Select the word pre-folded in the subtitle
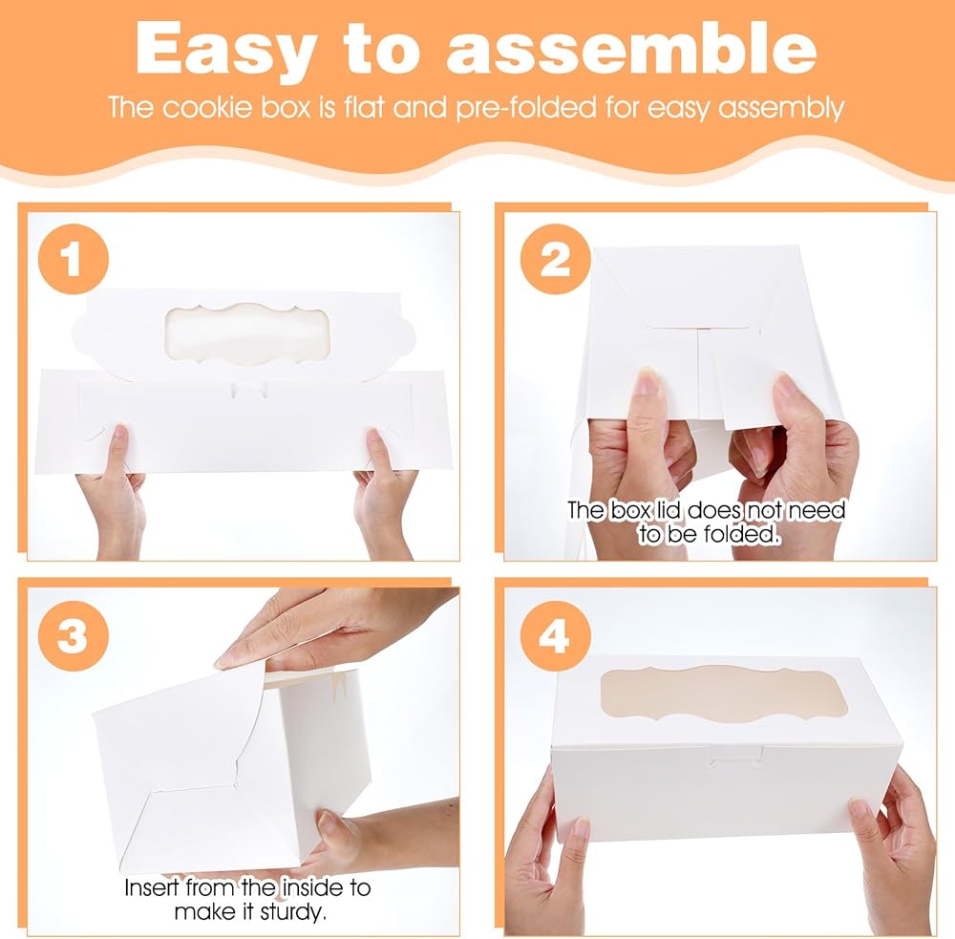(x=526, y=108)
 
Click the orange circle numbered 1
(x=74, y=260)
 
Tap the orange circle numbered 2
(x=556, y=260)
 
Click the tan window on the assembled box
(x=724, y=693)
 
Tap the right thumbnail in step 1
(x=373, y=437)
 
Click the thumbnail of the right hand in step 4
(x=861, y=810)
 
